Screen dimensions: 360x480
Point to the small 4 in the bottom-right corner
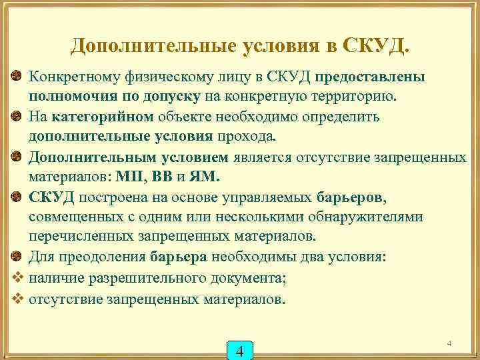449,343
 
